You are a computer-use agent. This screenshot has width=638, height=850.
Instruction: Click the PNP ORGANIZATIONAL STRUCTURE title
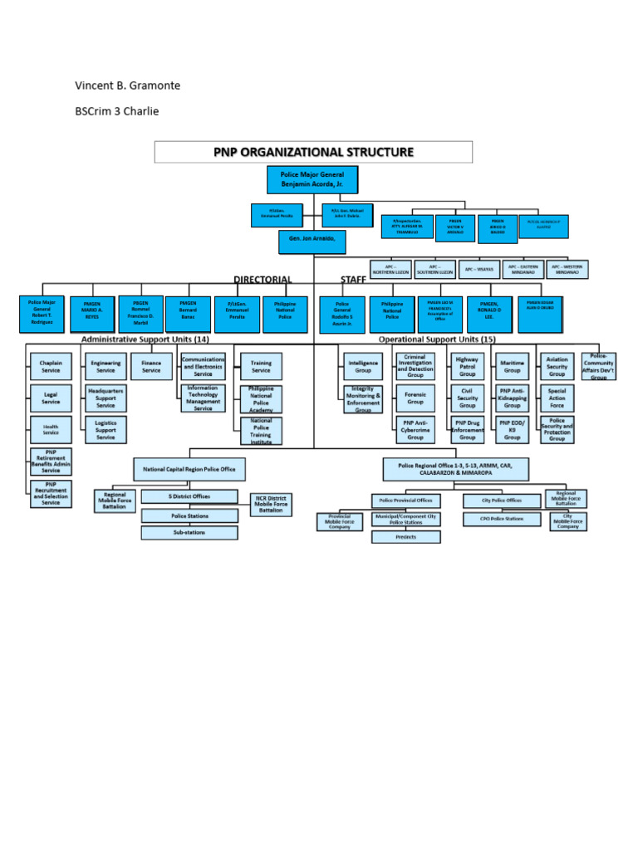point(314,152)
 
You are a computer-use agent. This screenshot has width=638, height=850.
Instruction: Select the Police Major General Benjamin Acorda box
point(312,182)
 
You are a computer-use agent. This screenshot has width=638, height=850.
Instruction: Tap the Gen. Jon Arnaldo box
point(312,242)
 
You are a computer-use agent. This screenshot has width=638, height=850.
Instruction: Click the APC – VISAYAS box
point(479,269)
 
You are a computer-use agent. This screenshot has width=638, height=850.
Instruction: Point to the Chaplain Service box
point(52,367)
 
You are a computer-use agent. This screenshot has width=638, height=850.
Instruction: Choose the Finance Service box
point(151,367)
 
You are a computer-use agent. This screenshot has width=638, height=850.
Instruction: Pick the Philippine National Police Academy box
point(261,398)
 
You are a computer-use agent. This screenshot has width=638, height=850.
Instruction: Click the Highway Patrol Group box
point(468,367)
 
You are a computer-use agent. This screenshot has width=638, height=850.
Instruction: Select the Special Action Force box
point(557,398)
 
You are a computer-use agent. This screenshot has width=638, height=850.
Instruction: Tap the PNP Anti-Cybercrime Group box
point(415,430)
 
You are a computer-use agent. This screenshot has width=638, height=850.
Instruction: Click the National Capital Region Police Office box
point(189,469)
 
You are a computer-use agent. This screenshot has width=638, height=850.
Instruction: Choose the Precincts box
point(405,536)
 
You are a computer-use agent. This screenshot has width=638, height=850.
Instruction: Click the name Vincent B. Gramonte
point(127,85)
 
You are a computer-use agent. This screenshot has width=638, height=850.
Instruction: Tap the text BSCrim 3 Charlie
point(116,111)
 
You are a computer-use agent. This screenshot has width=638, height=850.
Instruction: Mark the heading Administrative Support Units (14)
point(145,340)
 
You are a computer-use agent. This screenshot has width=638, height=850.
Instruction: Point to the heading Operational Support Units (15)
point(437,340)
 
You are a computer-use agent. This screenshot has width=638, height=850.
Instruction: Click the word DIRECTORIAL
point(263,280)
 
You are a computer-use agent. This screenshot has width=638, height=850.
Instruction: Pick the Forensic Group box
point(415,398)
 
